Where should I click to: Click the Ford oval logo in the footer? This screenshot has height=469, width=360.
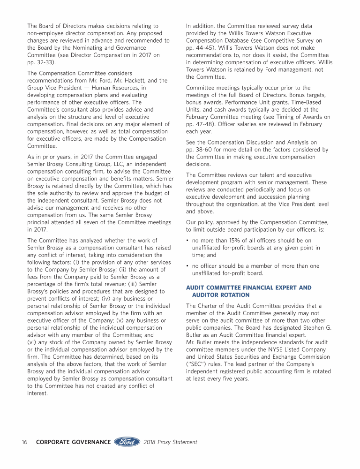(127, 442)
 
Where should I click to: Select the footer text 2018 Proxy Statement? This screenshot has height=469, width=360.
(171, 442)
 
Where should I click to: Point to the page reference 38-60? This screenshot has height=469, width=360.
(207, 150)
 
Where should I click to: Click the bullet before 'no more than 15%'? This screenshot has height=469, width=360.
(187, 241)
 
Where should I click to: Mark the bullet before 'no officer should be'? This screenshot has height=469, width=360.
(187, 266)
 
